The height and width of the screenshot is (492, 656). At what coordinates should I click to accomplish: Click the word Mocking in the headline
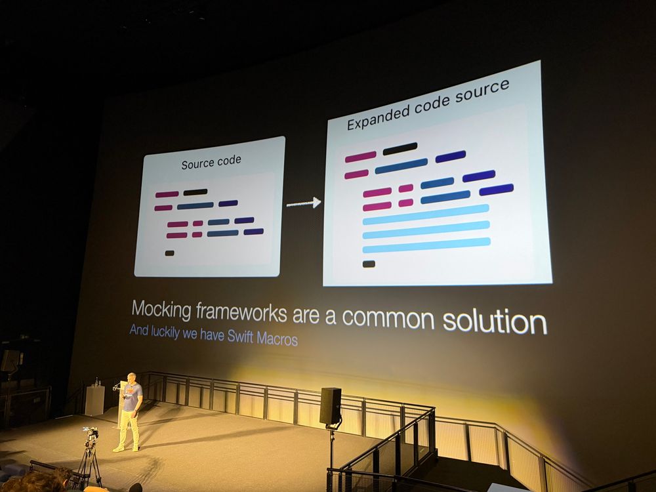(161, 310)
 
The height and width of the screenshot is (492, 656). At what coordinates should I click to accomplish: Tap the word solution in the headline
(495, 321)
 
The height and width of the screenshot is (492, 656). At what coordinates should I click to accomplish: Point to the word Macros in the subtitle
(277, 338)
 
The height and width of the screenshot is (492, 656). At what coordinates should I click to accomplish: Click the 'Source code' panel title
(211, 162)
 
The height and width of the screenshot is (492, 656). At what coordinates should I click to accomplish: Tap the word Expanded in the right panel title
(379, 117)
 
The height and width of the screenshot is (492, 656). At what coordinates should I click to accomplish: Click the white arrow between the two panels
(304, 203)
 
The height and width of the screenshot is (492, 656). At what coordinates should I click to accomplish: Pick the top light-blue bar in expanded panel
(426, 214)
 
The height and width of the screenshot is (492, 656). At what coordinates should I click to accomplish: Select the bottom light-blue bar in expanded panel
(426, 245)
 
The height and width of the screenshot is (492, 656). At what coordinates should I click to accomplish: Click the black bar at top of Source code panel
(195, 192)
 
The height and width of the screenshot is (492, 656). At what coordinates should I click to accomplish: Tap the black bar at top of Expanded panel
(400, 148)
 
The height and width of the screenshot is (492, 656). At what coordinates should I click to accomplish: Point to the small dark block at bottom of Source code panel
(169, 253)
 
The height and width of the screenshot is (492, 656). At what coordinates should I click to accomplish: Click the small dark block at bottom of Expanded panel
(369, 264)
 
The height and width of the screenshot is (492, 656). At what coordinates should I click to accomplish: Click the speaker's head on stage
(131, 378)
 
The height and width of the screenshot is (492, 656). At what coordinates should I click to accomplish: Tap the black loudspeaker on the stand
(331, 406)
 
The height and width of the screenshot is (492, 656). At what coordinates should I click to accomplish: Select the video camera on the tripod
(91, 436)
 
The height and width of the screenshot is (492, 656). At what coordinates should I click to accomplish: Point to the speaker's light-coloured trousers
(129, 429)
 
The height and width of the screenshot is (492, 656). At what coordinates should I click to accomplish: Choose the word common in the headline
(388, 318)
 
